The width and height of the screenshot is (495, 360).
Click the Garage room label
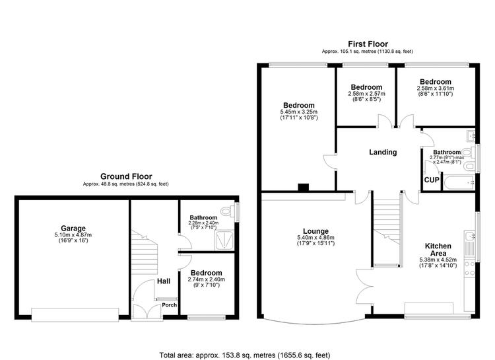(73, 228)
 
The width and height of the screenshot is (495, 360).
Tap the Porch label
(169, 305)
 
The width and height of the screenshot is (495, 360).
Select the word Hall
(164, 281)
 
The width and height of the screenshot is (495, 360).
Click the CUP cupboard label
(432, 180)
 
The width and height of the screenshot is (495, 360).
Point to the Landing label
(383, 152)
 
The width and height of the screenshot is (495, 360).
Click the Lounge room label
(315, 231)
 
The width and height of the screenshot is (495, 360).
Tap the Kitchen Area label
(438, 250)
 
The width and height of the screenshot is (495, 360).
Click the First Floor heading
(368, 44)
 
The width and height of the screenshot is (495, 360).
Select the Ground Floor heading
(126, 176)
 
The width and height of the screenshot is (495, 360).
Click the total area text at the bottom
(245, 355)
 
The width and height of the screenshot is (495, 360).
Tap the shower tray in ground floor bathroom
(224, 240)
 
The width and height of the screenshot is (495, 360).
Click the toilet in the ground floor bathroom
(228, 211)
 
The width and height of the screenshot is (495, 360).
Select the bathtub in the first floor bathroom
(459, 183)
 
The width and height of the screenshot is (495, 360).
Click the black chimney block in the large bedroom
(304, 188)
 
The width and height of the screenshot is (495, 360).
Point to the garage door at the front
(75, 315)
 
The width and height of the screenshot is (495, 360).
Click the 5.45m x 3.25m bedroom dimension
(298, 112)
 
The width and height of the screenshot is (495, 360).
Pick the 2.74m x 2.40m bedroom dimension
(207, 279)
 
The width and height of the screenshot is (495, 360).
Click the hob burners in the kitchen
(469, 268)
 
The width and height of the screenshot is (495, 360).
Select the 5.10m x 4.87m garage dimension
(73, 235)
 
